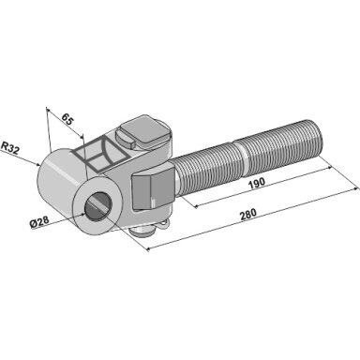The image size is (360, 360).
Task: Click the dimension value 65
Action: click(67, 119)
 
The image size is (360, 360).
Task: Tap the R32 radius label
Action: click(10, 148)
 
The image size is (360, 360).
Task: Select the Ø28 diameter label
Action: click(39, 222)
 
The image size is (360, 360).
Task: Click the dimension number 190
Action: click(257, 183)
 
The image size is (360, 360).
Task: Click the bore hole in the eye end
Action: click(97, 206)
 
